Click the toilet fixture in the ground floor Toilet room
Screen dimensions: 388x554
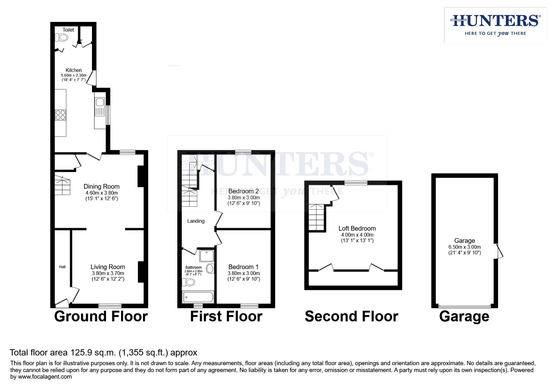pos(62,37)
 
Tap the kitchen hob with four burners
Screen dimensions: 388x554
pos(60,115)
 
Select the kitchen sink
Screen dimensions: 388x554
pos(100,106)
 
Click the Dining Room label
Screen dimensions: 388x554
pos(101,186)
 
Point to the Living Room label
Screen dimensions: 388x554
pos(108,267)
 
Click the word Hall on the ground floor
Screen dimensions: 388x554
pos(62,267)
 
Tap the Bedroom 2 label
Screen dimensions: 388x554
pos(243,191)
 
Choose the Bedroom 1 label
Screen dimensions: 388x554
pos(243,267)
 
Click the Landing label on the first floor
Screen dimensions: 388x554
pos(196,221)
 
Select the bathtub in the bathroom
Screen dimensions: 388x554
pos(198,297)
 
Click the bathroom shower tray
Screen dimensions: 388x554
pos(207,255)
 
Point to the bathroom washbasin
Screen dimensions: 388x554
pos(210,268)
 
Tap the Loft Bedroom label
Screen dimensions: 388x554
pos(357,228)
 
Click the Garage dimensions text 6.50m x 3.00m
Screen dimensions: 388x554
pos(465,247)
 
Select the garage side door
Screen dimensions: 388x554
pos(499,251)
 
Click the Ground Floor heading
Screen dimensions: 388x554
pos(101,317)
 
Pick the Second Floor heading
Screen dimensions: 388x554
pos(351,317)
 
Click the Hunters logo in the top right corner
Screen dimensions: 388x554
pos(495,25)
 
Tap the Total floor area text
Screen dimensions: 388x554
pos(103,352)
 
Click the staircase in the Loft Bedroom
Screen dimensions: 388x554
pos(317,217)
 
